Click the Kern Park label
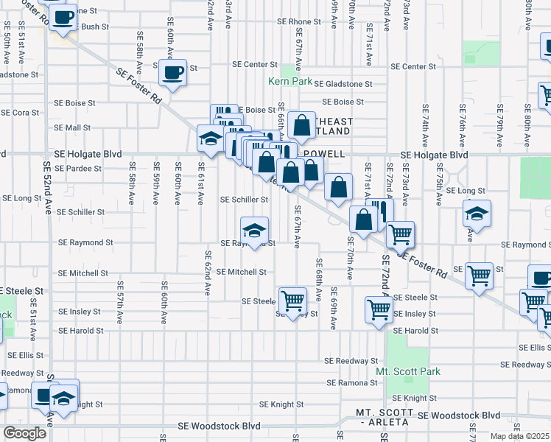[x=290, y=82]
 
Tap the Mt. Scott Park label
[x=408, y=371]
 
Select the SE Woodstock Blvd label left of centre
[x=220, y=427]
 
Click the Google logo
[x=24, y=433]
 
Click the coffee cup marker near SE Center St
[x=172, y=73]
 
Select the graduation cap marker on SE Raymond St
[x=254, y=230]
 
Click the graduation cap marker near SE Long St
[x=477, y=214]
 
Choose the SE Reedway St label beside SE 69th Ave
[x=351, y=361]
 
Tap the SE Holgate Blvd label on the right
[x=435, y=155]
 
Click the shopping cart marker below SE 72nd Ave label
[x=400, y=234]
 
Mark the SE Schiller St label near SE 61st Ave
[x=245, y=200]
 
